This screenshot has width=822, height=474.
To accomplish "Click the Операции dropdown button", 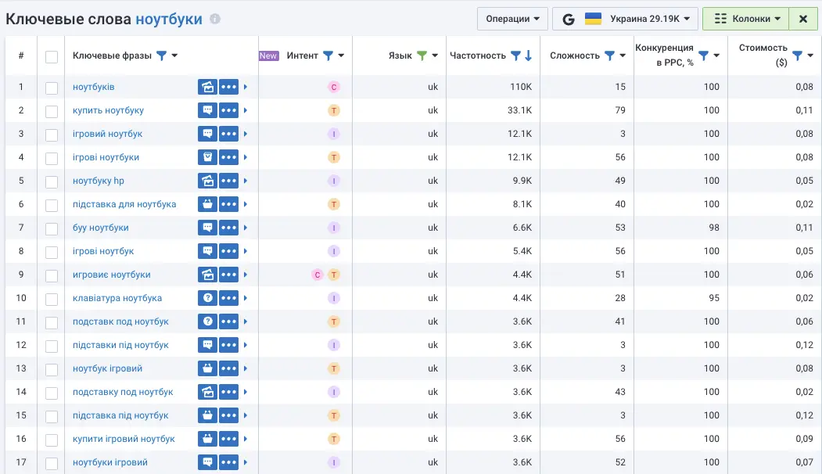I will (x=512, y=19).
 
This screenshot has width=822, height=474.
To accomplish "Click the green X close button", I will (x=802, y=19).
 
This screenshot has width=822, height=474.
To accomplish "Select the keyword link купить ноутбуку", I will (x=108, y=110).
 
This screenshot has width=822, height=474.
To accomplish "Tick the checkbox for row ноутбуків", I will (x=52, y=88).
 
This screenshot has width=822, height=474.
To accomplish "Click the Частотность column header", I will (x=478, y=56).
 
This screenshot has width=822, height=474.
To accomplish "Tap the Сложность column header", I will (x=575, y=56).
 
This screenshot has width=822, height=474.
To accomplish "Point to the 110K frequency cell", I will (x=521, y=87).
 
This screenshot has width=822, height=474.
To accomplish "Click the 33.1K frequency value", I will (x=519, y=110).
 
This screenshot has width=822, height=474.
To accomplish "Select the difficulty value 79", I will (x=620, y=110).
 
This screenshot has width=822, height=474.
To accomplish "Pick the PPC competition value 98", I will (x=711, y=228).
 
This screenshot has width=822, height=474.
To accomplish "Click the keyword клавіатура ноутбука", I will (x=117, y=298).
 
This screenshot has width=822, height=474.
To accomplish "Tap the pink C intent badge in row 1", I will (x=334, y=87).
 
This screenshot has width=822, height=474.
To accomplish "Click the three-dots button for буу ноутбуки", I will (x=228, y=228).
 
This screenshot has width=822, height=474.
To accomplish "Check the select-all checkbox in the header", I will (x=52, y=56).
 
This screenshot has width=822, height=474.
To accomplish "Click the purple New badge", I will (x=268, y=56).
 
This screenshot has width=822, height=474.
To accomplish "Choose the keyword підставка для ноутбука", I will (x=124, y=204).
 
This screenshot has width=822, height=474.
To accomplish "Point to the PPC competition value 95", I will (x=711, y=298).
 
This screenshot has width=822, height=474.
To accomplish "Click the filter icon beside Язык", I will (x=422, y=56).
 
